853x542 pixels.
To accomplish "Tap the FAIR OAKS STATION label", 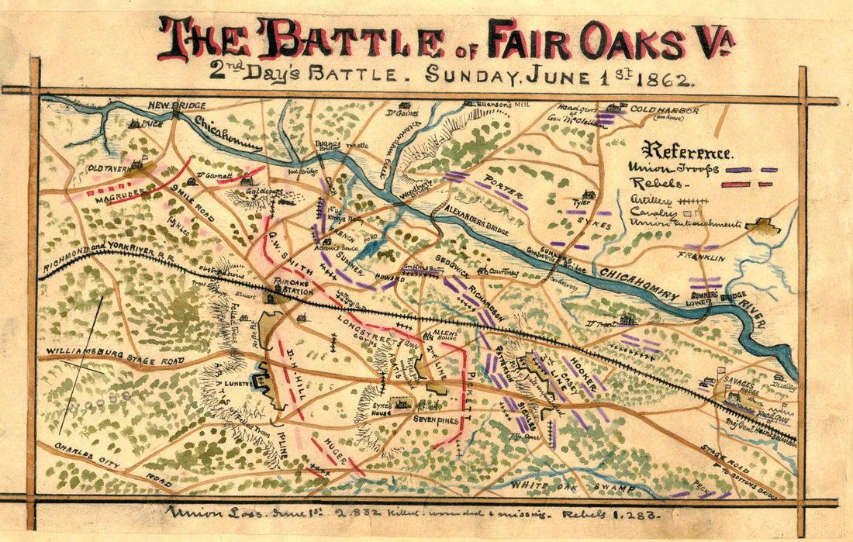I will click(x=292, y=288).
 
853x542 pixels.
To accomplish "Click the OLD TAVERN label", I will click(x=108, y=167).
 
